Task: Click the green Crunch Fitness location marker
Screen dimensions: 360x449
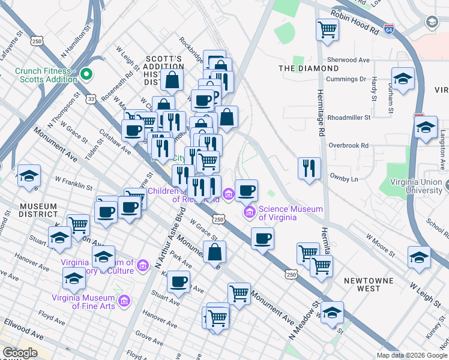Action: [x=86, y=75]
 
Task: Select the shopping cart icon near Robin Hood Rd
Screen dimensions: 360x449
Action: [x=327, y=29]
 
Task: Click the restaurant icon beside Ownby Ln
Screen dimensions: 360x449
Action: [x=309, y=168]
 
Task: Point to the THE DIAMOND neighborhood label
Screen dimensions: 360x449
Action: [x=309, y=68]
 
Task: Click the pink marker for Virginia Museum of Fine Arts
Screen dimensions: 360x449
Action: [x=124, y=300]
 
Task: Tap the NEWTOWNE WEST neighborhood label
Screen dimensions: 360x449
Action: [x=363, y=284]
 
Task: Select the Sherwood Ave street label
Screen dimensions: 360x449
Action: [x=348, y=60]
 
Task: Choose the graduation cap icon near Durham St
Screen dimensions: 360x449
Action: [x=403, y=79]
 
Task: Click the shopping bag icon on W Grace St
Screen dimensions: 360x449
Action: [x=214, y=252]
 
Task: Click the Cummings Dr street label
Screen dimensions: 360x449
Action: [x=346, y=79]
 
